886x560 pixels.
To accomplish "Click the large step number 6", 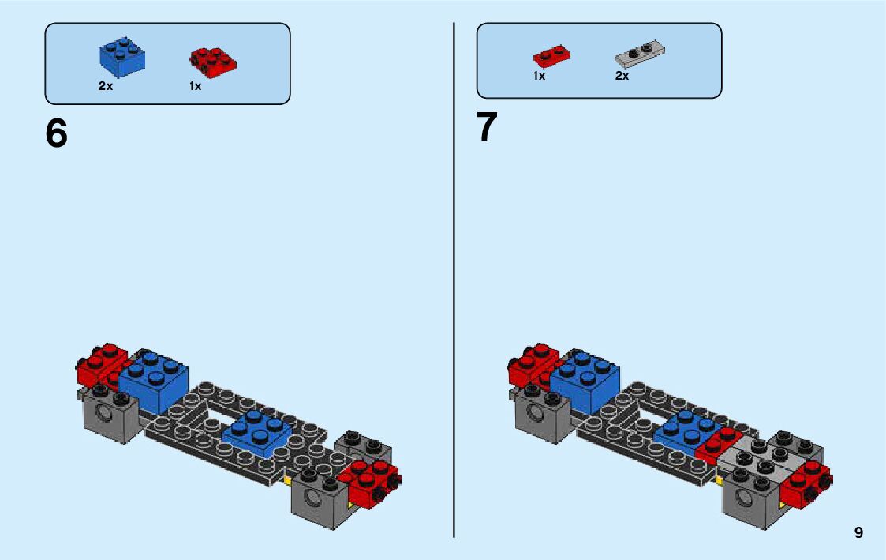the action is pyautogui.click(x=57, y=133).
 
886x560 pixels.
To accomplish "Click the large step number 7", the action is pyautogui.click(x=488, y=127).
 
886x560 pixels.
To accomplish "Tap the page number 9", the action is pyautogui.click(x=858, y=533).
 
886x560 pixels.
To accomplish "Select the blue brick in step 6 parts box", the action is pyautogui.click(x=121, y=57).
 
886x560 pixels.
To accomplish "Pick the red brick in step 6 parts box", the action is pyautogui.click(x=211, y=62).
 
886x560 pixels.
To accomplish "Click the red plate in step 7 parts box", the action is pyautogui.click(x=551, y=56).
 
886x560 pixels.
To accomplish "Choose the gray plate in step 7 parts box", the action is pyautogui.click(x=640, y=54).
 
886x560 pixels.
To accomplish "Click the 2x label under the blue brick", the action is pyautogui.click(x=106, y=86).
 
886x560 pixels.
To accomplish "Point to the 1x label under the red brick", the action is pyautogui.click(x=195, y=86).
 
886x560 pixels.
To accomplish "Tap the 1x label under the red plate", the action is pyautogui.click(x=539, y=77).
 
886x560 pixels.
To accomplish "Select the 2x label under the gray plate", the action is pyautogui.click(x=622, y=77).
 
